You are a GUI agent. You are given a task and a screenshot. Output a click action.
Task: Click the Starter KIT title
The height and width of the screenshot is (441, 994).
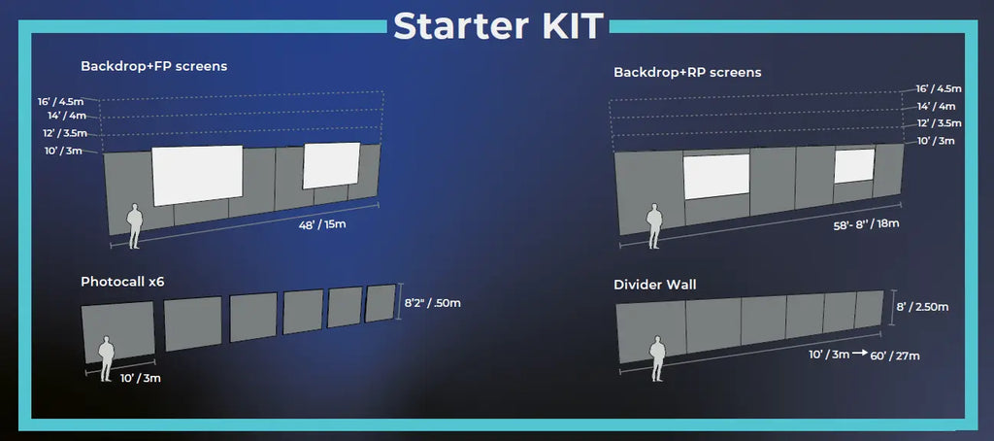498,25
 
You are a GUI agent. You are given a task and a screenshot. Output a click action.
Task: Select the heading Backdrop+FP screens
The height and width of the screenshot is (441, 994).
154,66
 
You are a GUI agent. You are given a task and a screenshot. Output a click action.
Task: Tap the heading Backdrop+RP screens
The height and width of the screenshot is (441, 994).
687,72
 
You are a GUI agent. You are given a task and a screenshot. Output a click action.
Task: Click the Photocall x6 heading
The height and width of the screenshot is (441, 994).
122,281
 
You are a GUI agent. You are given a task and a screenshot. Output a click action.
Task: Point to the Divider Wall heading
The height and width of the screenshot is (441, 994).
655,285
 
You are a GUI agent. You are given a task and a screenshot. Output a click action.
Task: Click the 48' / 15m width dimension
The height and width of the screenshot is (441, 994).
322,224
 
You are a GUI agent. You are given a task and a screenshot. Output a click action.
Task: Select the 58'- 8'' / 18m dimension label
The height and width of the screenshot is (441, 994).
864,223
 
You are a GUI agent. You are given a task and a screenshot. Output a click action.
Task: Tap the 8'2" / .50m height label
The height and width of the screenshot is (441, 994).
432,303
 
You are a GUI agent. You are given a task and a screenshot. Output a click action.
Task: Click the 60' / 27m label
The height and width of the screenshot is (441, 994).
895,356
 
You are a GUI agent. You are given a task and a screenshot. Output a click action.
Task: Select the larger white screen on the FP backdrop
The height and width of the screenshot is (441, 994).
197,175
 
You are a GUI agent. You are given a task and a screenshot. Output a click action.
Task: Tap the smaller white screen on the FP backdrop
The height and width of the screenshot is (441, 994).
332,165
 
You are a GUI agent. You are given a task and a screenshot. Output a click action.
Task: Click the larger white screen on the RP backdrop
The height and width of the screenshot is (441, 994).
716,176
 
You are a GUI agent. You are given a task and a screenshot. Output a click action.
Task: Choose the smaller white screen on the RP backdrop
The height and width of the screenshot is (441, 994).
854,166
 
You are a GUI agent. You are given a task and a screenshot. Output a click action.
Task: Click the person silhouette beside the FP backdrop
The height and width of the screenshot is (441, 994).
134,226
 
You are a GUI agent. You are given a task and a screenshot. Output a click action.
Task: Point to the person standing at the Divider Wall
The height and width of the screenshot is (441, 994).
658,358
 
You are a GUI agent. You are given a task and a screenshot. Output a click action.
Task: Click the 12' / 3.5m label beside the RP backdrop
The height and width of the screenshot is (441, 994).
939,123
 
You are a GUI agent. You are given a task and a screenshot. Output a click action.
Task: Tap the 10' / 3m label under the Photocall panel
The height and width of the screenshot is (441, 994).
140,379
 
